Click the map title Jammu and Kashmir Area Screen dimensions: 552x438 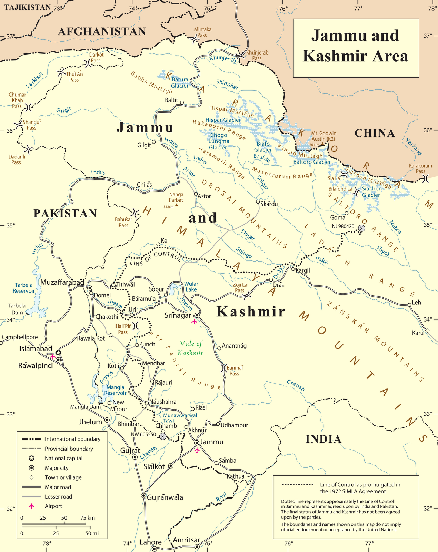[355, 46]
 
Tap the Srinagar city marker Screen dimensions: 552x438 [197, 315]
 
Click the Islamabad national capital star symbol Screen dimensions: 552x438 [59, 353]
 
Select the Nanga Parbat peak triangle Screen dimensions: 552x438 [177, 205]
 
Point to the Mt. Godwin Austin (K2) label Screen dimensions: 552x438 [323, 136]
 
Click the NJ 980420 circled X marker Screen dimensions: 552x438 [361, 228]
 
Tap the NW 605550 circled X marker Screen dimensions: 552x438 [163, 436]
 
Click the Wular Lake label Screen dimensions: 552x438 [191, 287]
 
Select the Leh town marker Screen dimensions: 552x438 [409, 305]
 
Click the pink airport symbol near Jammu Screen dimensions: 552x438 [197, 450]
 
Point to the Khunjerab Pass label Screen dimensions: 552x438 [257, 56]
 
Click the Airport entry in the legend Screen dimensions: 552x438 [53, 506]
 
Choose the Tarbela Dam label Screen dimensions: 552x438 [17, 309]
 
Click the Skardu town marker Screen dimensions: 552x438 [258, 201]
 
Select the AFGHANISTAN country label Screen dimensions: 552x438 [102, 32]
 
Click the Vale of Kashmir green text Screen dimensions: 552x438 [191, 348]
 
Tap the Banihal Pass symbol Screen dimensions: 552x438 [223, 368]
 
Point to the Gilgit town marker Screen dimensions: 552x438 [154, 142]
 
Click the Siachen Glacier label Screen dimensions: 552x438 [371, 192]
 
